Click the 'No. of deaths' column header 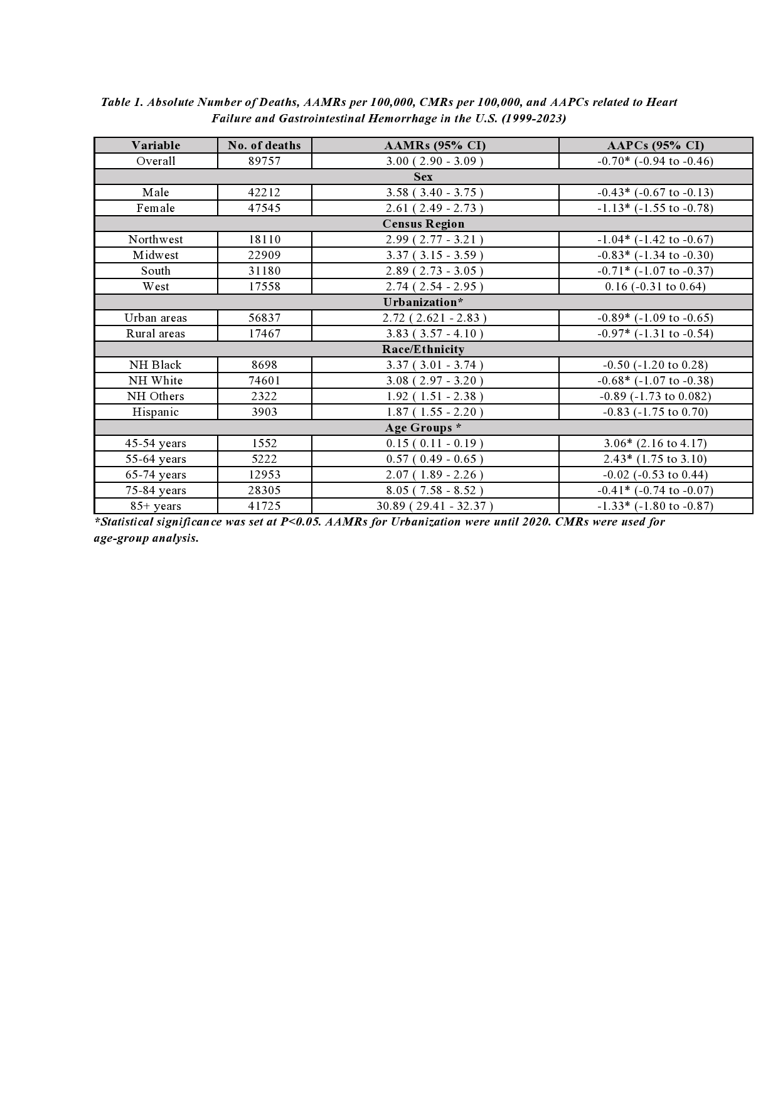tap(264, 145)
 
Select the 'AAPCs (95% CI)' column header tap(655, 145)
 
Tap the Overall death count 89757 tap(264, 161)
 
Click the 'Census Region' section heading tap(423, 224)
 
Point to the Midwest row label tap(156, 255)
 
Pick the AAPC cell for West tap(655, 287)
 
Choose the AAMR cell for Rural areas tap(434, 334)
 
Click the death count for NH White tap(264, 381)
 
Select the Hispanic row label tap(156, 412)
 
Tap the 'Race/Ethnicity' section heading tap(423, 349)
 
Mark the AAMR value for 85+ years tap(434, 506)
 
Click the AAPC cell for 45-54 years tap(655, 443)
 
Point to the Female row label tap(156, 208)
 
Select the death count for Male tap(264, 193)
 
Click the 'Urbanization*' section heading tap(423, 302)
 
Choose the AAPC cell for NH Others tap(655, 396)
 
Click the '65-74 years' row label tap(156, 475)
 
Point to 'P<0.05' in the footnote tap(301, 522)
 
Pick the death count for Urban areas tap(264, 318)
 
